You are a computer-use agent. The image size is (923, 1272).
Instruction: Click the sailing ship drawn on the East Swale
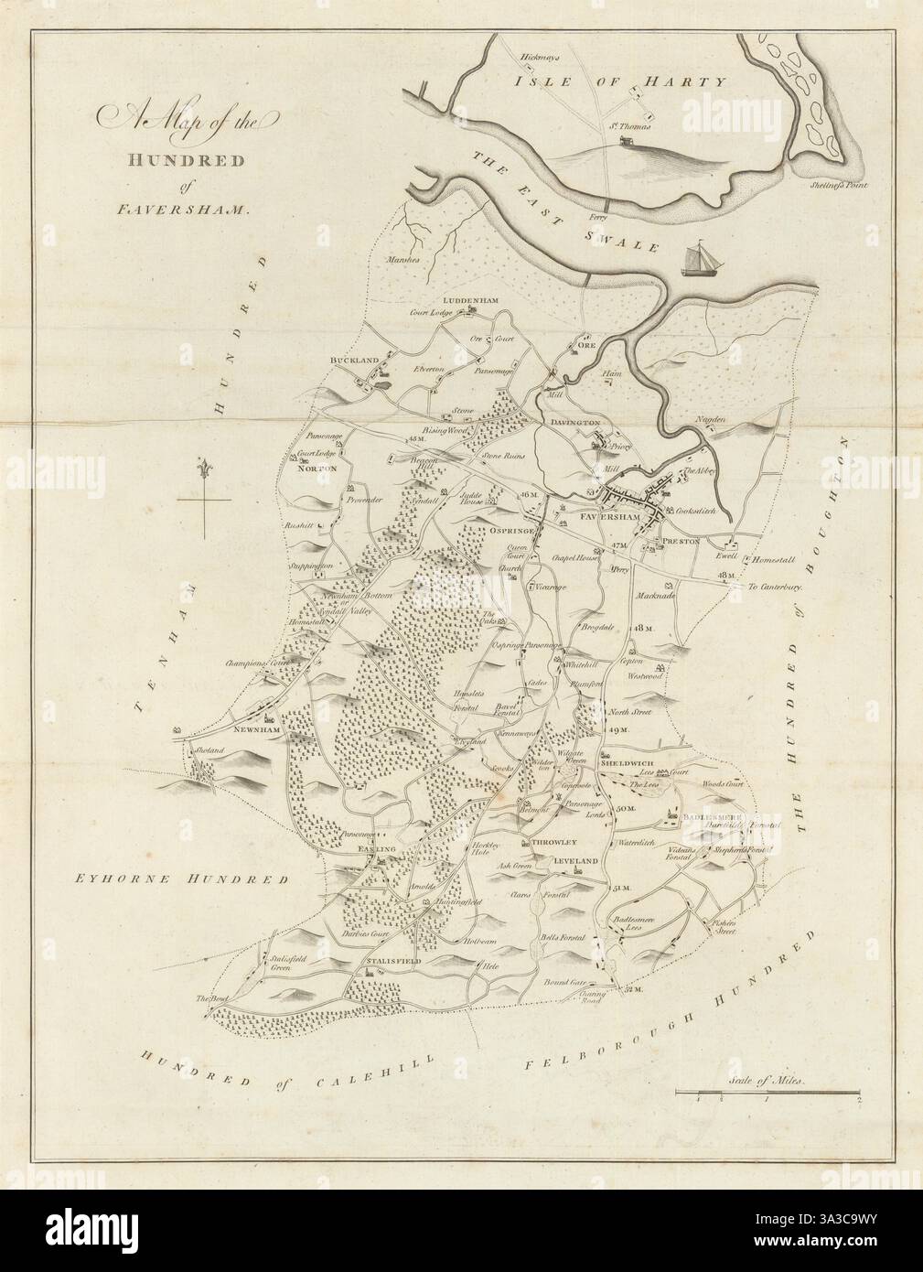[x=702, y=257]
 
